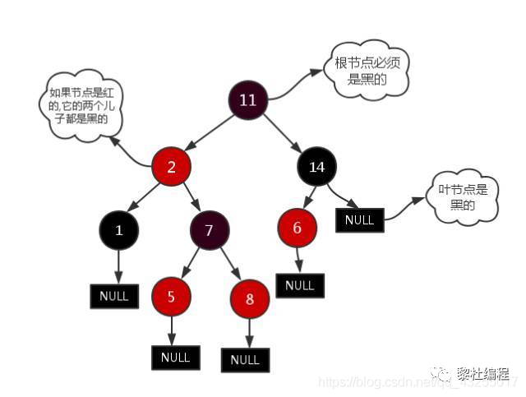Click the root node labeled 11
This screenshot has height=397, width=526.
coord(247,100)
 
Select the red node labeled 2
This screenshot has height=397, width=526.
coord(172,167)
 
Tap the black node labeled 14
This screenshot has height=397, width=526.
coord(316,167)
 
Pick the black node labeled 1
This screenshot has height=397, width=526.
coord(119,230)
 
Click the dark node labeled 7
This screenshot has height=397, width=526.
coord(210,230)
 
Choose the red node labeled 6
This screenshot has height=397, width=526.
coord(298,228)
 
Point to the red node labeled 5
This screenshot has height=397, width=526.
coord(171,297)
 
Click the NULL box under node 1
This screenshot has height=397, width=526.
coord(114,296)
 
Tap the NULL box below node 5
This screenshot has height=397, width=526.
coord(175,358)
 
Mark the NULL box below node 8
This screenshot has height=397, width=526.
coord(245,360)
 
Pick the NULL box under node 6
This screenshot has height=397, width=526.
coord(300,285)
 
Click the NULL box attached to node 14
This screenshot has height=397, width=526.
coord(359,219)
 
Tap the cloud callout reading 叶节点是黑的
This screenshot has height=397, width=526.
coord(463,197)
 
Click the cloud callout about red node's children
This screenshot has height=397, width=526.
coord(80,107)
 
